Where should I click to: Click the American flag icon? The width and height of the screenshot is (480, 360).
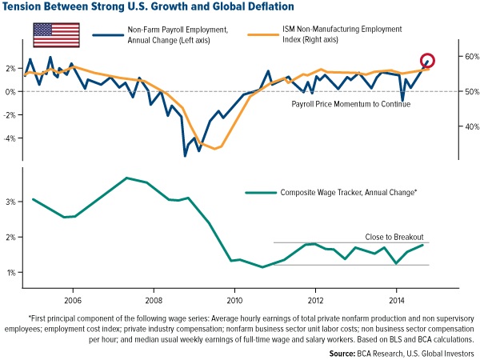tap(56, 36)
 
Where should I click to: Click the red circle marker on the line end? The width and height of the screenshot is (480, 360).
tap(428, 62)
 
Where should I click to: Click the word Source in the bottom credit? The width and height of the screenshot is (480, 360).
tap(346, 351)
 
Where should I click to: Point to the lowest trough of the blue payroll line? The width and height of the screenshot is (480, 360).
tap(186, 155)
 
